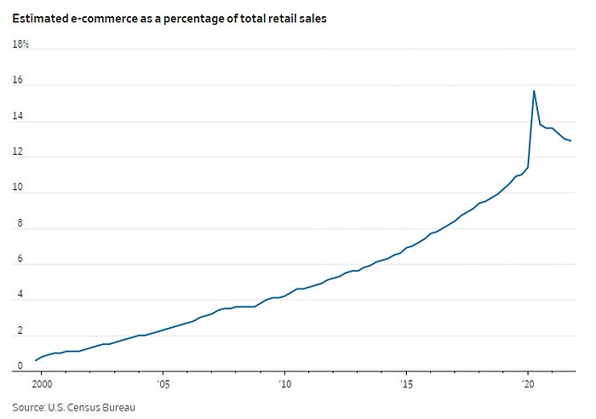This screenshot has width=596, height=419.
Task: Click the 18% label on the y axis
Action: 20,44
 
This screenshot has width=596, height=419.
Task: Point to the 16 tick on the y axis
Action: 17,83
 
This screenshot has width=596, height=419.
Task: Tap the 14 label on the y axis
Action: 17,121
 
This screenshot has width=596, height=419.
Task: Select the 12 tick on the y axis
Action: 17,154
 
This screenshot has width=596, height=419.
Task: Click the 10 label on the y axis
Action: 17,191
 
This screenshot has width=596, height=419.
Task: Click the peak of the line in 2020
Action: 534,91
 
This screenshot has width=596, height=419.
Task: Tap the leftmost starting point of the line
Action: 35,360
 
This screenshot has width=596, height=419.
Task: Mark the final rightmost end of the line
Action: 570,141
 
